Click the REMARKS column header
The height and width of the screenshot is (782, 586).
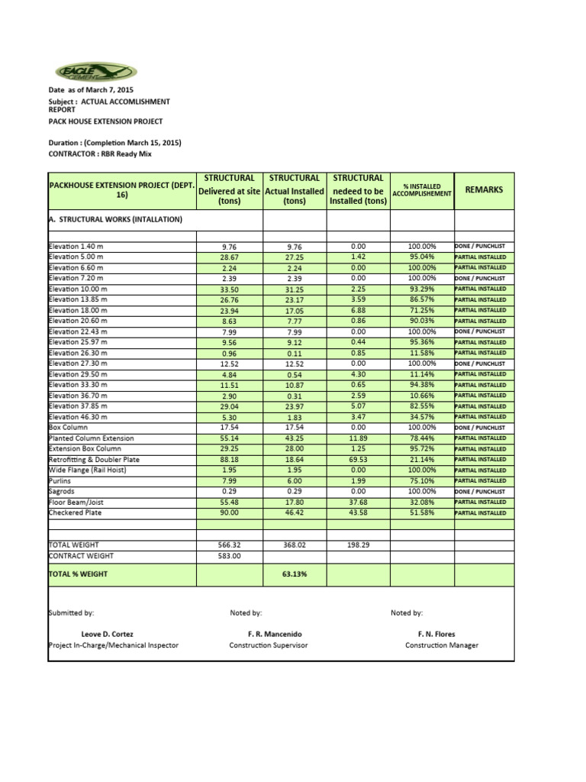pos(484,189)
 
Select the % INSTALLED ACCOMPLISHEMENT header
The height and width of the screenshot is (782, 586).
pos(422,189)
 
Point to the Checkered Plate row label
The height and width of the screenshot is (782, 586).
pos(75,513)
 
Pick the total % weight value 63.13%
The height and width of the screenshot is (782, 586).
pos(295,574)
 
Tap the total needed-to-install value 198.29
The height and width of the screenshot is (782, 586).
pos(358,545)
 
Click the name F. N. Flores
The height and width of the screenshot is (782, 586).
pos(441,634)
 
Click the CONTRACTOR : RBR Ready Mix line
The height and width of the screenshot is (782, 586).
pos(101,153)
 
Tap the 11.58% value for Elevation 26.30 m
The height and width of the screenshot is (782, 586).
pos(422,353)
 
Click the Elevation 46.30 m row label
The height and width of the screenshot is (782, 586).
pos(78,417)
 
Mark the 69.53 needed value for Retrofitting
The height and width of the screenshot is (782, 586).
pos(358,460)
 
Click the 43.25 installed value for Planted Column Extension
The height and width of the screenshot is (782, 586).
pos(295,438)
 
